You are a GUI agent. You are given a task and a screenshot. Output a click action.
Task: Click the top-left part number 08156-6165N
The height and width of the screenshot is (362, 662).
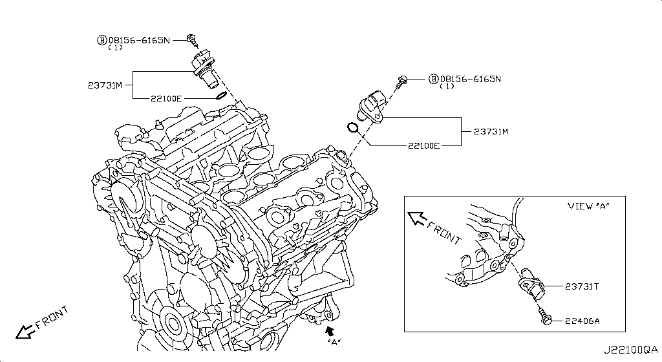pos(138,40)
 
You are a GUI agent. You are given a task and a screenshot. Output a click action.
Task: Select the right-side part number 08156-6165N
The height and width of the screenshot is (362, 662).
pos(470,80)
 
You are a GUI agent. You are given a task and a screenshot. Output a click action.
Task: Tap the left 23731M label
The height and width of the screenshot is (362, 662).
pos(105,85)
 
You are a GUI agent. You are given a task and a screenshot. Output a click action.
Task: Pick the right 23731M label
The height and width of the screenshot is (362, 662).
pos(491,131)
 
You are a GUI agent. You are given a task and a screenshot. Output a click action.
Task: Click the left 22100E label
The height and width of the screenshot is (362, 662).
pos(166,98)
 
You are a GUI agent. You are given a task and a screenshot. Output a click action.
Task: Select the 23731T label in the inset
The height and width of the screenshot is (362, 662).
pos(582,286)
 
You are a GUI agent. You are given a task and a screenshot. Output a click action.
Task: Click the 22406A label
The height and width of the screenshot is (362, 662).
pos(582,320)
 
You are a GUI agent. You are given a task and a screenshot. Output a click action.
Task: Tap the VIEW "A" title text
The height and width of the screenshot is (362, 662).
pos(588,206)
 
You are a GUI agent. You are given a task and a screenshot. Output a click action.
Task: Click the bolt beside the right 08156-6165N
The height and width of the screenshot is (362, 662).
pos(402,81)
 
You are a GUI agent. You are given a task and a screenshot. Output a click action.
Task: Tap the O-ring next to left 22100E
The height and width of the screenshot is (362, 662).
pos(220,96)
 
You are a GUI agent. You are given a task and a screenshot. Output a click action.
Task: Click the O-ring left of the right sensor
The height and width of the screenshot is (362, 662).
pos(353,127)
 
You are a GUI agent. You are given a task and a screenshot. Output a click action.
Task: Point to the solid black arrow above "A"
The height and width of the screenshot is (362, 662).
pos(332,331)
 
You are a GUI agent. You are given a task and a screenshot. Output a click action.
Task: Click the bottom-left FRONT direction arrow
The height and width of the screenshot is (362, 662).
pos(26,331)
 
